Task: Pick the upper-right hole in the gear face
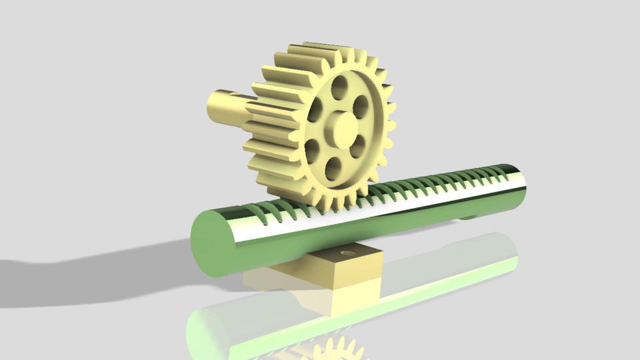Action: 361,105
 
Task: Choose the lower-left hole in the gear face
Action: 312,150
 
